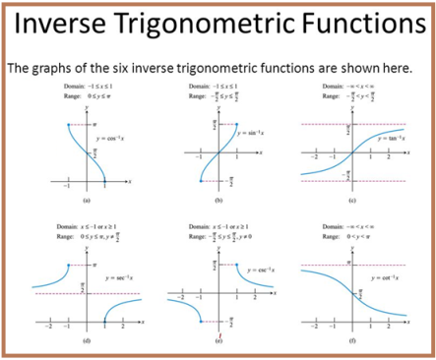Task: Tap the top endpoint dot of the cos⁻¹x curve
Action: click(68, 125)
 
